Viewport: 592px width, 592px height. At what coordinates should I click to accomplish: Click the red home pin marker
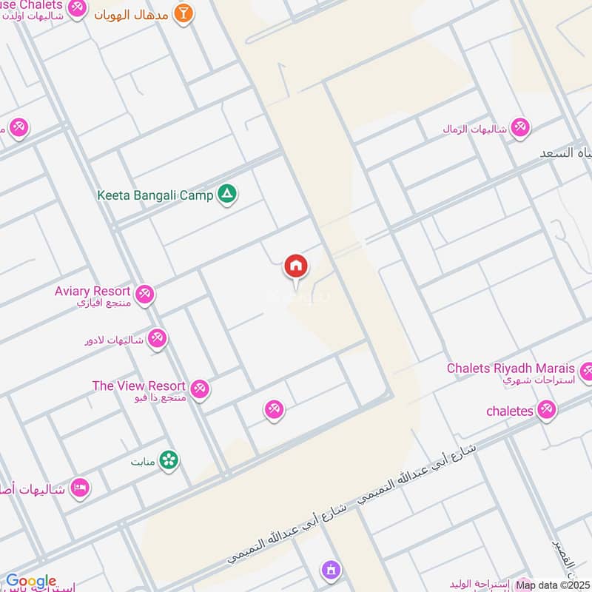click(296, 266)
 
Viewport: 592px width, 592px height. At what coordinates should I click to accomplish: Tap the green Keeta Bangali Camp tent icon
click(227, 195)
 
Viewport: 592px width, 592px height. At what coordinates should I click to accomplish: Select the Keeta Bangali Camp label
click(155, 195)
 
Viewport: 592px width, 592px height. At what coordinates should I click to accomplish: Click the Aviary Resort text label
click(92, 292)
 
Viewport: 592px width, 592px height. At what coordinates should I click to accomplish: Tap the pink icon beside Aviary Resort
click(145, 295)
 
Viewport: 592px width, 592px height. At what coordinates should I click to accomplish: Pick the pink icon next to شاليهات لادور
click(157, 339)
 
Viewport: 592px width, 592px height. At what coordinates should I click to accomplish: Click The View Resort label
click(138, 386)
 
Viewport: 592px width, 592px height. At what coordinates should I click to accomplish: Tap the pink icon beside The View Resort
click(199, 388)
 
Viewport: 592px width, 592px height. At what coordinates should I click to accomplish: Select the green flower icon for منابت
click(169, 460)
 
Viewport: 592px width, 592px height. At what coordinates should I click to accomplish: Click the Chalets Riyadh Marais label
click(511, 369)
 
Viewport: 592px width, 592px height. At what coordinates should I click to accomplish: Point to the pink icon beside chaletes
click(547, 409)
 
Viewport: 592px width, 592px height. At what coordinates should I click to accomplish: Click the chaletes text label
click(510, 411)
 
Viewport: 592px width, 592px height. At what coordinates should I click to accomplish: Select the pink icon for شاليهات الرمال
click(520, 127)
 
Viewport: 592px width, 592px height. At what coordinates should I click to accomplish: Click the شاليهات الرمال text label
click(474, 129)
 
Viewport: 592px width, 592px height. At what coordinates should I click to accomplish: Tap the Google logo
click(31, 582)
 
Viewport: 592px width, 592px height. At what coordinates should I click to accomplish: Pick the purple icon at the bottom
click(330, 571)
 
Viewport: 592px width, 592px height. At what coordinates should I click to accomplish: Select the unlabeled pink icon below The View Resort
click(274, 409)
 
